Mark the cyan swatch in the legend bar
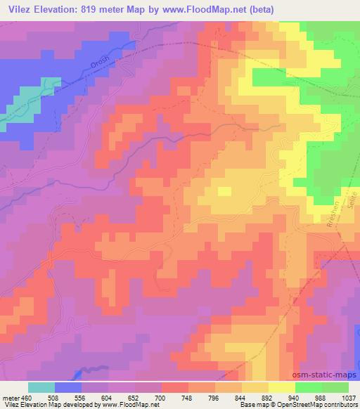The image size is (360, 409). pos(41,387)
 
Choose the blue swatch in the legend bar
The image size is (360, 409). pos(68,387)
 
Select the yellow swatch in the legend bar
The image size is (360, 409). pos(282,387)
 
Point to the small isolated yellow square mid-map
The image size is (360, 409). pos(224,190)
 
